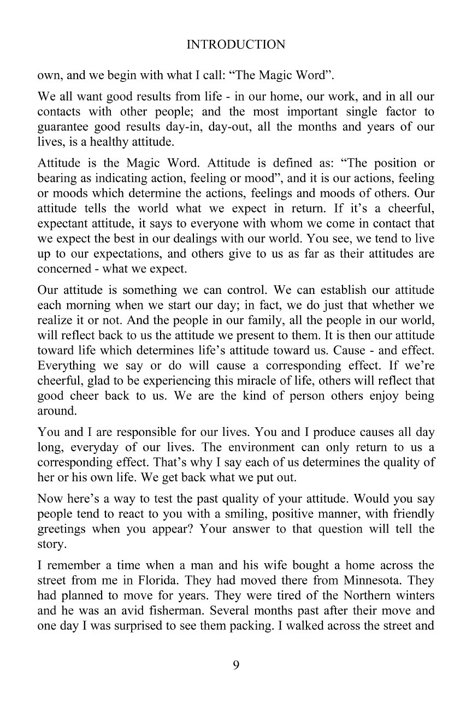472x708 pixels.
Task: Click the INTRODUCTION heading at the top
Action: click(x=235, y=45)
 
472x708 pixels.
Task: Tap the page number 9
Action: click(x=236, y=665)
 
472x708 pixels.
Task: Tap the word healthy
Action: click(x=121, y=140)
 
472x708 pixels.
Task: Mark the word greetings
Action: click(x=62, y=529)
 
